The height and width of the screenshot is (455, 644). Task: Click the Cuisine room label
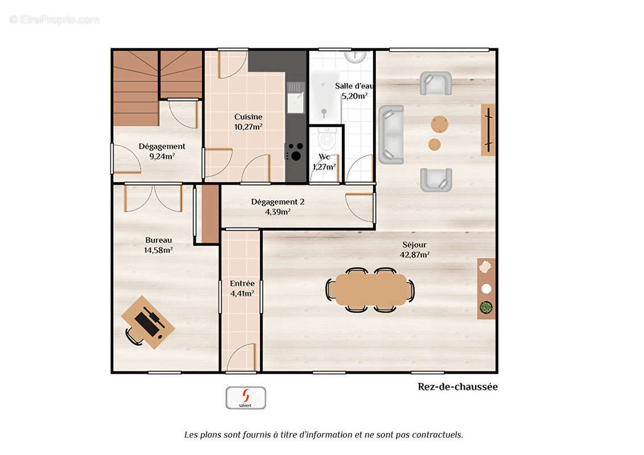248,117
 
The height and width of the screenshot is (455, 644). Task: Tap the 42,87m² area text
414,255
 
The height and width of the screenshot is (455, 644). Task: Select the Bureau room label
159,240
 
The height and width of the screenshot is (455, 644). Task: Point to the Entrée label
242,283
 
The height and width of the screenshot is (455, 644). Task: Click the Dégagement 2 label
278,202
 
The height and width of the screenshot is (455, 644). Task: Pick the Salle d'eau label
354,86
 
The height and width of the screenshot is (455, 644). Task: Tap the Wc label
324,157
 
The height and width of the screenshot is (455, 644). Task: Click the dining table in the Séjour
371,289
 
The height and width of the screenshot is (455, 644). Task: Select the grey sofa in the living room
391,135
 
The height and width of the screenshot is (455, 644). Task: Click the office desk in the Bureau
148,322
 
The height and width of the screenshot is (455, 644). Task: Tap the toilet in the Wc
327,139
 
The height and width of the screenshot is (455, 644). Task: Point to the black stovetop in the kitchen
295,152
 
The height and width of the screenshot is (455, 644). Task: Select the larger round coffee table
439,125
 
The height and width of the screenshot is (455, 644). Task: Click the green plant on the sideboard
486,307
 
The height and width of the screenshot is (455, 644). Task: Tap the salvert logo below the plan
246,398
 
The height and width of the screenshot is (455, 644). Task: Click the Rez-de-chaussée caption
457,387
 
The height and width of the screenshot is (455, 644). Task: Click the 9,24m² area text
162,156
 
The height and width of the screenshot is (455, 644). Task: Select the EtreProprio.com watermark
55,20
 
